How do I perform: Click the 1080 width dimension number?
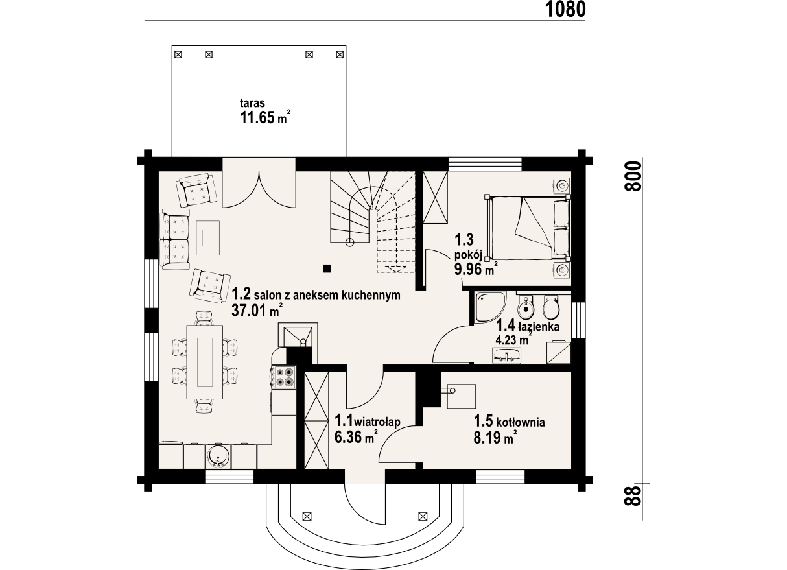565,10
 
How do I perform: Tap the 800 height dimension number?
633,176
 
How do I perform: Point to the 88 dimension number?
633,496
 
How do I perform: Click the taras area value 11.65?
257,117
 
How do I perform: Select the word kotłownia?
521,422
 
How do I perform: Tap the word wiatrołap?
378,421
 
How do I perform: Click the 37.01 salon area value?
249,311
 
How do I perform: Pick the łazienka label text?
539,326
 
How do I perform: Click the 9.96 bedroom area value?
468,270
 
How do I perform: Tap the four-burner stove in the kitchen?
284,377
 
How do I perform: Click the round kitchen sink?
218,456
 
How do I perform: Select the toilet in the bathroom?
550,307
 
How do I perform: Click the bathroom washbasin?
506,355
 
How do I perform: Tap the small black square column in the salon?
327,269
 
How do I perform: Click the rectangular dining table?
204,362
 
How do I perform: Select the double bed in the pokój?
528,228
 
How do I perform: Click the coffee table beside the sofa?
207,237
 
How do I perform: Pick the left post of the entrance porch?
307,517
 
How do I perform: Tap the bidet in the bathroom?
526,307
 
